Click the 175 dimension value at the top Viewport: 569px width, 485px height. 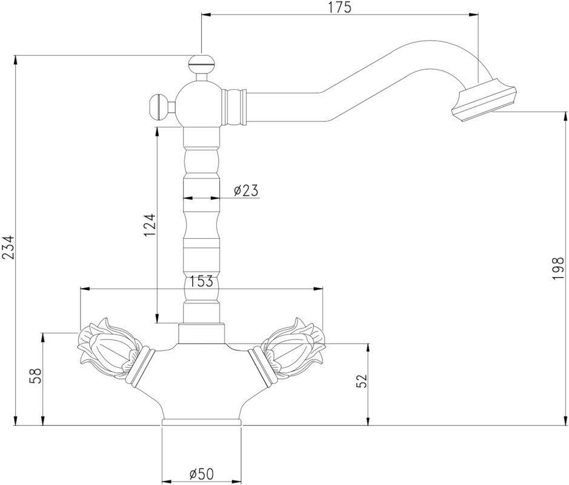click(x=341, y=7)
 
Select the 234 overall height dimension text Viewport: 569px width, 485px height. click(x=8, y=247)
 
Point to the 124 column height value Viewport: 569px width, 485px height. click(x=150, y=225)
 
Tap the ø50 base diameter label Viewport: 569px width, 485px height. click(x=201, y=473)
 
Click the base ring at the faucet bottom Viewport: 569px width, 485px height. click(x=201, y=422)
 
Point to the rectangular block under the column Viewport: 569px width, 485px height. click(x=201, y=333)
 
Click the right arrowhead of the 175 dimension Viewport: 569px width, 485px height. click(x=473, y=15)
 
